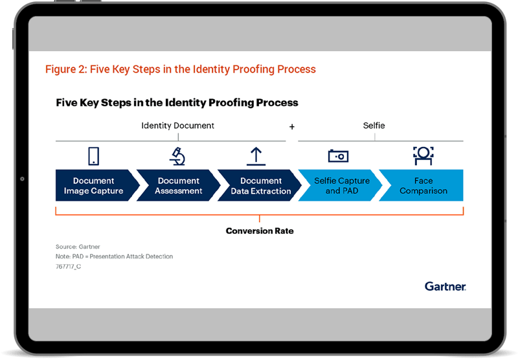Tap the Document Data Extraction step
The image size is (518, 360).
(260, 185)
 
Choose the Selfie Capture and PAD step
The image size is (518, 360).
(341, 185)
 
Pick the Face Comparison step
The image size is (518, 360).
(422, 185)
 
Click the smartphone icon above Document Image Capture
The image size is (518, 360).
(93, 156)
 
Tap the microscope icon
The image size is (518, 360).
(177, 156)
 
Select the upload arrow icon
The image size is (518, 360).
(256, 156)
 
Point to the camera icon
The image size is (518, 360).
(338, 156)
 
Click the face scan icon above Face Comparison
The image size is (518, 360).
(423, 156)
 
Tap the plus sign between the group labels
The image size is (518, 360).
(292, 127)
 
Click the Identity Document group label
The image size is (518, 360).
(177, 126)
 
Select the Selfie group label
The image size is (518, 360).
(374, 126)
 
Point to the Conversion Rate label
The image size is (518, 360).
(260, 231)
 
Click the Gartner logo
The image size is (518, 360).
(445, 286)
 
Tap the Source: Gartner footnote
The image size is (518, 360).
(78, 247)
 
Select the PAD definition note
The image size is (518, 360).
(115, 256)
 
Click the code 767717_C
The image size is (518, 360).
(68, 267)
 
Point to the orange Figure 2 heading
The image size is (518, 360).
(181, 69)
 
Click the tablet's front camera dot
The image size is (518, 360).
(22, 179)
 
